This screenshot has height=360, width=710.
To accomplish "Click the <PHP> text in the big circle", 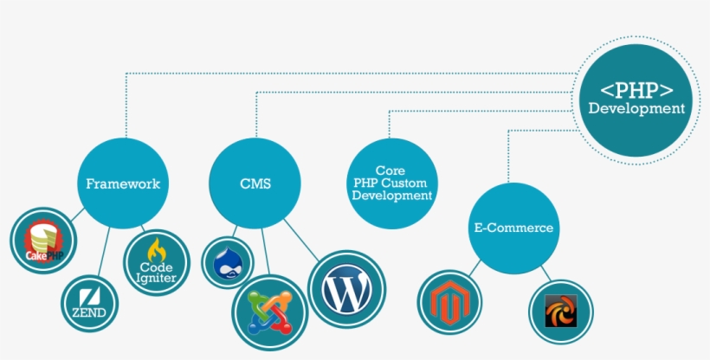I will click(637, 89).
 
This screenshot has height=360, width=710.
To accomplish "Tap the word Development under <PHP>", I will click(637, 109).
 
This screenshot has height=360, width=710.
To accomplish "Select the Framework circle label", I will click(123, 183).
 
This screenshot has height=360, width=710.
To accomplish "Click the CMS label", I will click(255, 183).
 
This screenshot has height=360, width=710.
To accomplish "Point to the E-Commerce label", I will click(513, 228).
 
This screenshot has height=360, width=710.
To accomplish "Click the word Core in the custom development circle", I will click(390, 171).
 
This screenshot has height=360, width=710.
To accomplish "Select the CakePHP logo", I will click(43, 240).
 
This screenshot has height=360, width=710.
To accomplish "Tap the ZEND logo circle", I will click(90, 304).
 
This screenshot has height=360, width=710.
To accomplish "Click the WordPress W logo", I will click(347, 289).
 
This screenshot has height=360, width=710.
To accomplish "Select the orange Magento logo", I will click(449, 303).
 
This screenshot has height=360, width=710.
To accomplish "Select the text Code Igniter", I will click(157, 273).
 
